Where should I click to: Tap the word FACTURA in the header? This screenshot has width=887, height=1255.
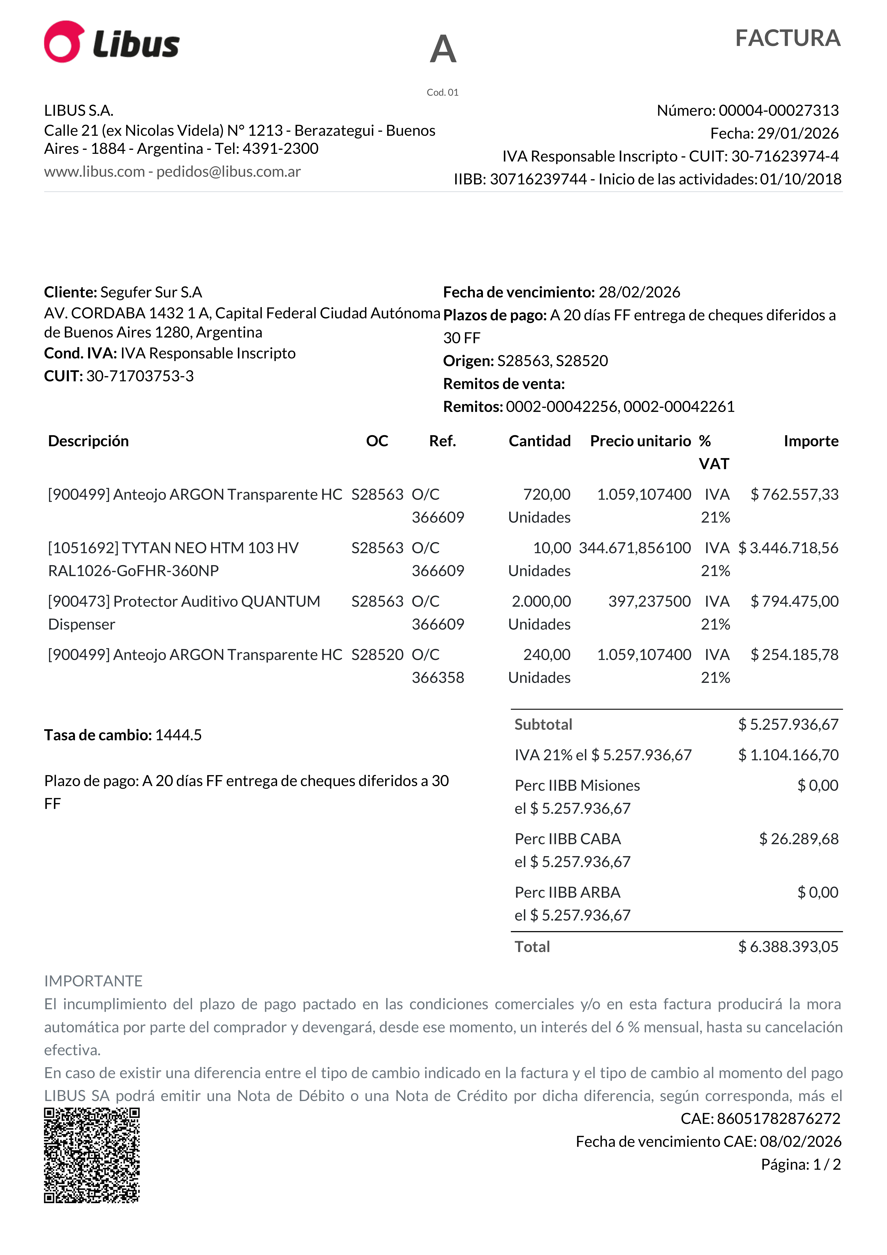(x=788, y=38)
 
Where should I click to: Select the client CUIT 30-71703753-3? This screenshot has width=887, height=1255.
(x=140, y=376)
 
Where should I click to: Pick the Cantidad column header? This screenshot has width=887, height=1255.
(x=539, y=441)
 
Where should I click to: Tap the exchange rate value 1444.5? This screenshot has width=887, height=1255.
(x=178, y=735)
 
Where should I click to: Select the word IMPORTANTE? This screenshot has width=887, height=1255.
(x=93, y=981)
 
